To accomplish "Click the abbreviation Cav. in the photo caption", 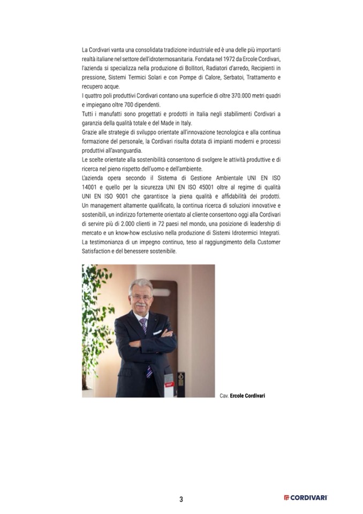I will pyautogui.click(x=224, y=396).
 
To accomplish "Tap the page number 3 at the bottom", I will pyautogui.click(x=181, y=500).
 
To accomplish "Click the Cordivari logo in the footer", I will pyautogui.click(x=306, y=498).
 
